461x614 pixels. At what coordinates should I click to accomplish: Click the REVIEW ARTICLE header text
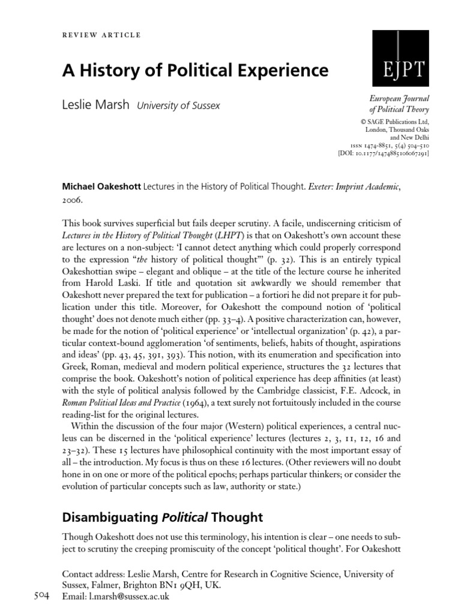[x=102, y=35]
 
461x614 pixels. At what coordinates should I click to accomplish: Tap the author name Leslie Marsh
[x=96, y=105]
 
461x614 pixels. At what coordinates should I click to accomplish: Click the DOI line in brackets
[x=384, y=153]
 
